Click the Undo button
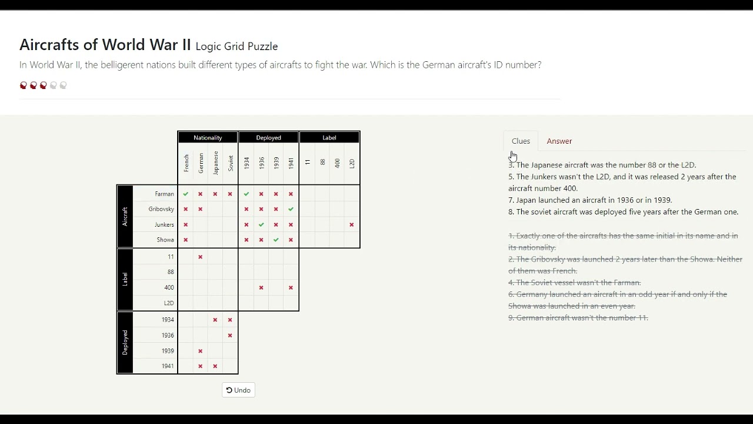coord(238,390)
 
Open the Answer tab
coord(559,141)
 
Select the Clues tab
coord(521,141)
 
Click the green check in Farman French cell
coord(186,194)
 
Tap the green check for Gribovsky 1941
coord(291,209)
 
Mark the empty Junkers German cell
coord(201,224)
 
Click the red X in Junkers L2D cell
coord(352,224)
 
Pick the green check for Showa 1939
coord(276,240)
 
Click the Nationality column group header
coord(208,137)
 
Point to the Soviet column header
coord(231,163)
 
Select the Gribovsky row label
coord(161,209)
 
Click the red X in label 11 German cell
coord(201,257)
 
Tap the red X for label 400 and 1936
coord(261,287)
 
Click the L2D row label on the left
coord(168,303)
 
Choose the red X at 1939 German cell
coord(201,351)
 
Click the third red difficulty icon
coord(44,85)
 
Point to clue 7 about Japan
coord(590,200)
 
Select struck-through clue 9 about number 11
coord(578,317)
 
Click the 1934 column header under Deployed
coord(246,163)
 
